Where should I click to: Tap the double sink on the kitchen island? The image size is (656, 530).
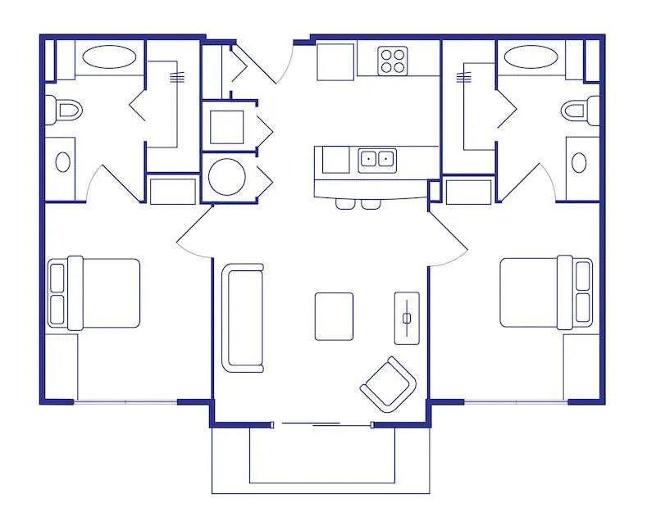tap(377, 159)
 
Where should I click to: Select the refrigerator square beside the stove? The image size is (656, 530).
tap(335, 61)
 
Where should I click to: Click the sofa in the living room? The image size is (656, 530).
tap(243, 317)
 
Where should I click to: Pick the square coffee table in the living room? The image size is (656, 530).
tap(334, 316)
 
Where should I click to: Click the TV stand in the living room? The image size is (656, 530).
tap(406, 317)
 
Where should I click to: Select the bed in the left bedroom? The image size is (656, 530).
tap(94, 293)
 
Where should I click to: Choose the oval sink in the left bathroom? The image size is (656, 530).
tap(62, 161)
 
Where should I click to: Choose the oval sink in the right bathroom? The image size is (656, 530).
tap(580, 161)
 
